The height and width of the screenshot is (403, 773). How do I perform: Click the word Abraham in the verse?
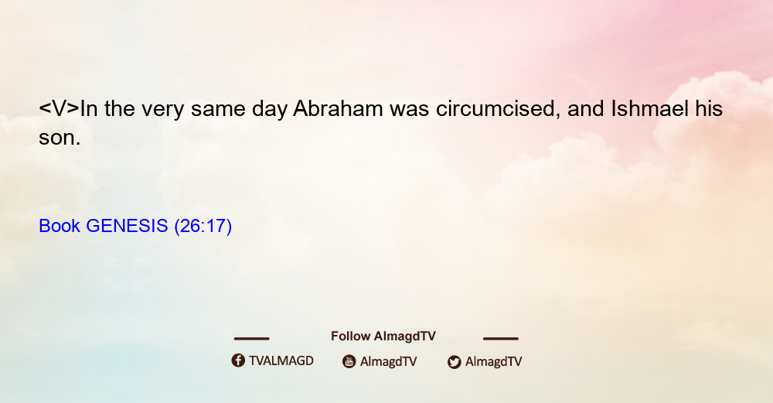(338, 108)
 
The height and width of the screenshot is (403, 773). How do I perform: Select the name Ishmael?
(650, 108)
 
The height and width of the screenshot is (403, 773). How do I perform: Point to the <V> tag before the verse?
(60, 108)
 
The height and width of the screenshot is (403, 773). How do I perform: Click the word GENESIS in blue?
(128, 226)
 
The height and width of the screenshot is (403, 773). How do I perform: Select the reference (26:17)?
(203, 226)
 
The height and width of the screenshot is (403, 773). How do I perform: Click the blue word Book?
(60, 226)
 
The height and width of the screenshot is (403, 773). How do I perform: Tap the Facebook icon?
(238, 360)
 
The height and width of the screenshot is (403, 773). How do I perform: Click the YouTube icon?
(349, 361)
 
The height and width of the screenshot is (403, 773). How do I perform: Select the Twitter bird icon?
(454, 362)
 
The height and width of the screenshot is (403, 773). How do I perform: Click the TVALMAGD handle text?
(281, 361)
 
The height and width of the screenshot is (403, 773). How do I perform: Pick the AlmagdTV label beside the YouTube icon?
(389, 362)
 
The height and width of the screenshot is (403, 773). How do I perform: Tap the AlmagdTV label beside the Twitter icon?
(493, 362)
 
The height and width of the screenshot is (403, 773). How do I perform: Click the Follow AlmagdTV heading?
(383, 336)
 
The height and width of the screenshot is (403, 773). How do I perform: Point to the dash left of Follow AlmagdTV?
(251, 338)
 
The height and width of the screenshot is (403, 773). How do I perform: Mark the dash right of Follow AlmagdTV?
(501, 338)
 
